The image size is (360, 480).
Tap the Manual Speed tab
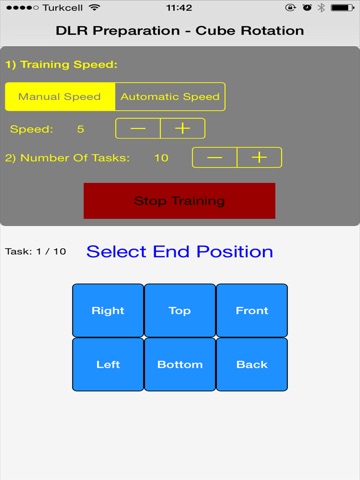[x=60, y=97]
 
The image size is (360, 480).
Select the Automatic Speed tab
[x=170, y=97]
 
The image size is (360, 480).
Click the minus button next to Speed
[x=138, y=128]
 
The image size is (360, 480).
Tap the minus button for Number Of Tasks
[x=214, y=157]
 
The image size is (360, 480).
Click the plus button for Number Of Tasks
[x=259, y=157]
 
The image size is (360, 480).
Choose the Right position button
[x=108, y=310]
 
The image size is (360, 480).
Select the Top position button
[x=180, y=310]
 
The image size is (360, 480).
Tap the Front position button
[x=252, y=310]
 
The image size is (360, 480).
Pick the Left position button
[x=108, y=364]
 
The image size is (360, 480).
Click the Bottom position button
[x=180, y=364]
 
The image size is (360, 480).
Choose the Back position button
[x=252, y=364]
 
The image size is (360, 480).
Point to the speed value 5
[x=80, y=129]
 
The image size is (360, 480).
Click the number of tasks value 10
[x=161, y=158]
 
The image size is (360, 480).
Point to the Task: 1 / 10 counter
[x=36, y=251]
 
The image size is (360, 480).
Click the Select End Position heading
[x=180, y=251]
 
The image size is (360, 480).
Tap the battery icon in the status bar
[x=342, y=7]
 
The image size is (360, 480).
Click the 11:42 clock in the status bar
[x=179, y=7]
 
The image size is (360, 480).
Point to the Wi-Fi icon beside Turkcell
[x=94, y=7]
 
